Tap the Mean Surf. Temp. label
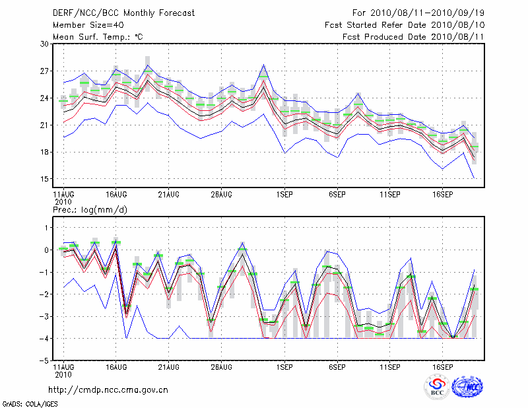click(x=98, y=37)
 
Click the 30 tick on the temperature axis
click(x=45, y=44)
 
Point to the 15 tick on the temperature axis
click(x=45, y=179)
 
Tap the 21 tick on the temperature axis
click(x=45, y=125)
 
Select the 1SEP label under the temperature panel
click(x=284, y=195)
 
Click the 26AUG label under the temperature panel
click(x=221, y=195)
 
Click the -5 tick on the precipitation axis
click(x=44, y=361)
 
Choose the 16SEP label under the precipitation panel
click(x=442, y=366)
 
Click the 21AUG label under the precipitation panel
click(x=168, y=366)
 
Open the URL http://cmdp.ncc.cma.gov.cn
click(x=108, y=390)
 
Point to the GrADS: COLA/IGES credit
click(x=24, y=403)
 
